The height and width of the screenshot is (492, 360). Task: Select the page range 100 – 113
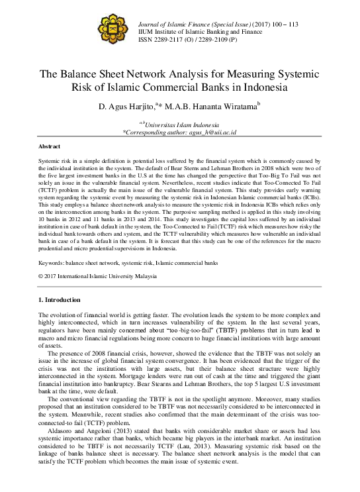[x=281, y=23]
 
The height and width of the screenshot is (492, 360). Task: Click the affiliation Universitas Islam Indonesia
[x=183, y=124]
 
